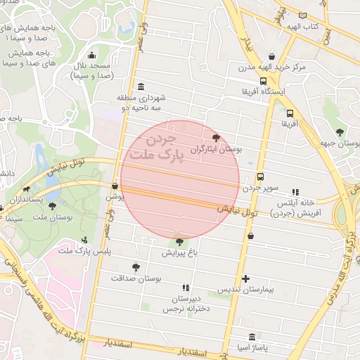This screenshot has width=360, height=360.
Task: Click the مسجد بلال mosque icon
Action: click(91, 56)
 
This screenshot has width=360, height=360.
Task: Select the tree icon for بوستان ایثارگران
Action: click(215, 138)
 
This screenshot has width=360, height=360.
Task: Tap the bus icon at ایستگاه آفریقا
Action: click(263, 80)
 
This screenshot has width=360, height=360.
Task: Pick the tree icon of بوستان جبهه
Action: click(340, 131)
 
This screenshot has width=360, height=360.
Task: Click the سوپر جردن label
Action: click(262, 188)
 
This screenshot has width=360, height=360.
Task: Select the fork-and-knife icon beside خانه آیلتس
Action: click(295, 191)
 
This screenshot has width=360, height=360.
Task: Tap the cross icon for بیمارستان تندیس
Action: click(245, 278)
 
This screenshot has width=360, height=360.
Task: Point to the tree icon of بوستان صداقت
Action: click(136, 266)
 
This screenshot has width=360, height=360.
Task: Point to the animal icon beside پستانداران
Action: click(26, 188)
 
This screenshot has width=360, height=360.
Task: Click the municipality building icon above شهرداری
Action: click(141, 86)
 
